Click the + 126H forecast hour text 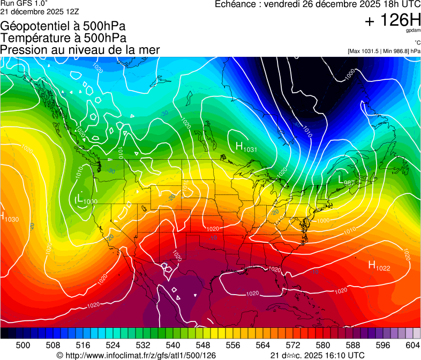392,21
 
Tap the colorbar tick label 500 23,345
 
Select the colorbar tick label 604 412,345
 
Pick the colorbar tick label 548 203,345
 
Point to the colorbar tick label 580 323,345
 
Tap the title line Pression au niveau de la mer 80,50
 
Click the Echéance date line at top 317,4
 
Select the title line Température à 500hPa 63,38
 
